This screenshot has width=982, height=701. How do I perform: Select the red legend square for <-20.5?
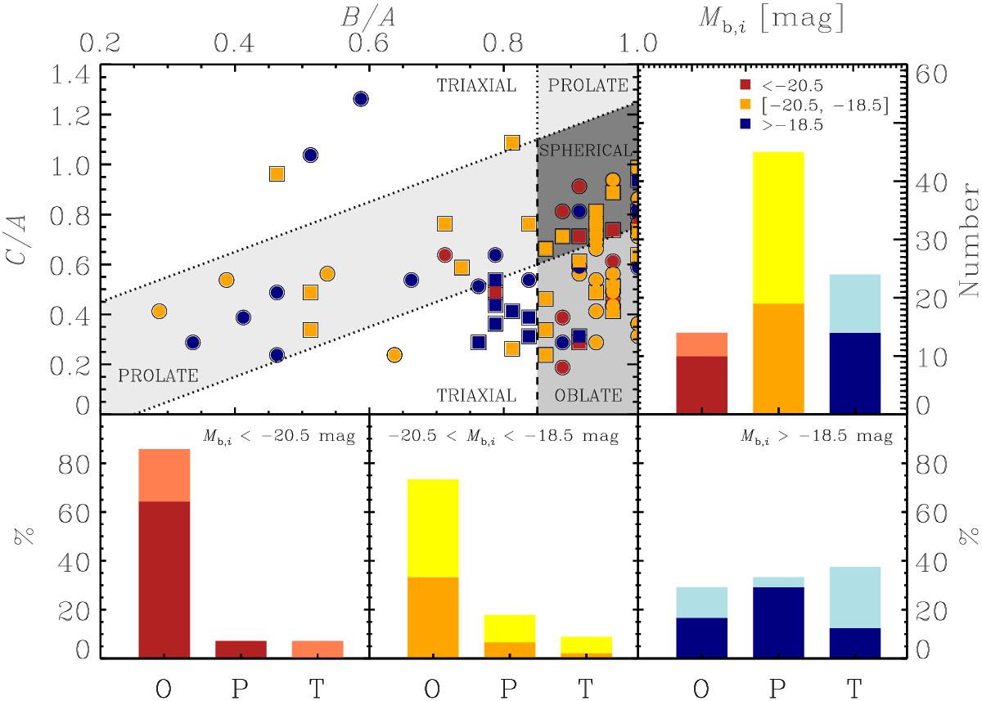point(744,84)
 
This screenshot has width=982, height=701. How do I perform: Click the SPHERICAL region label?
point(585,151)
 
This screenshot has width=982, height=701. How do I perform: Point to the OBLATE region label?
point(588,396)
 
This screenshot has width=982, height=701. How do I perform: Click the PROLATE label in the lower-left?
point(158,376)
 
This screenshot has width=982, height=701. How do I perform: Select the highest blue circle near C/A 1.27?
point(361,99)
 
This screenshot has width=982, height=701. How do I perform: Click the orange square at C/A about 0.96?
point(277,173)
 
